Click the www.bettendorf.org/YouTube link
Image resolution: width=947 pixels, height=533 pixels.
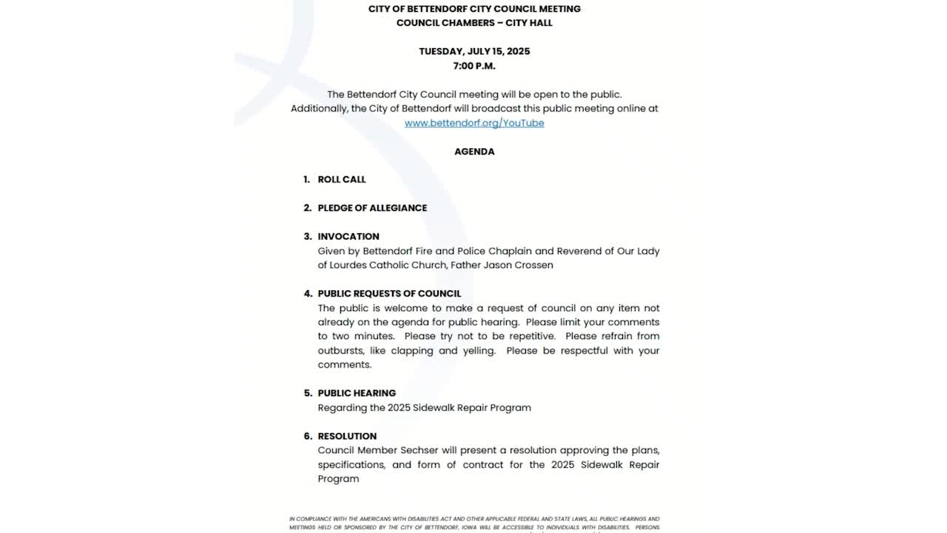coord(474,123)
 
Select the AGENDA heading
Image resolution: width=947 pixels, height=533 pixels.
coord(474,151)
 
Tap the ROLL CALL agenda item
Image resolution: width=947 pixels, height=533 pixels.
coord(342,179)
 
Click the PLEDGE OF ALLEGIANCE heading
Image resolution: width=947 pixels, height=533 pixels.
coord(372,208)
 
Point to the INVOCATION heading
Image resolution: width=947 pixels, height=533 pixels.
coord(348,236)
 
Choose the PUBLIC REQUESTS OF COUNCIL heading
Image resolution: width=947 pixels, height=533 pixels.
coord(389,293)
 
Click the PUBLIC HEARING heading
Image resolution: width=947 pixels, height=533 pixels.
coord(357,393)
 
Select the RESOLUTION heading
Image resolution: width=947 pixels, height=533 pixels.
coord(347,436)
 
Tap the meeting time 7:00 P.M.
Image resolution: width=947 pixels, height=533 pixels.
coord(474,66)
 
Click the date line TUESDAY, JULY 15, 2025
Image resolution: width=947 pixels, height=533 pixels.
coord(474,51)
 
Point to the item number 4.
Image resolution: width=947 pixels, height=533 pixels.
coord(308,293)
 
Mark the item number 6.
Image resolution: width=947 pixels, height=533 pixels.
coord(308,436)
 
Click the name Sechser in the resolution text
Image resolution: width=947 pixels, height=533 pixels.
coord(421,450)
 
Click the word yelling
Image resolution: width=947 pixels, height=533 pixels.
coord(478,350)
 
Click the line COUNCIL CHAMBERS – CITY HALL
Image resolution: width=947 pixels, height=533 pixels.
coord(474,23)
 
